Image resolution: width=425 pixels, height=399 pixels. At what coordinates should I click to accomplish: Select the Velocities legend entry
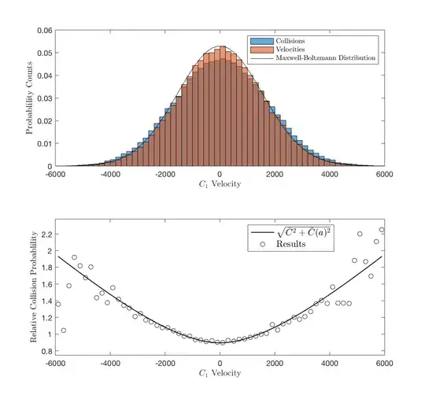(285, 49)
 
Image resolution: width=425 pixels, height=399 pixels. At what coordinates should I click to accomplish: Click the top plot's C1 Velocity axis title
(220, 183)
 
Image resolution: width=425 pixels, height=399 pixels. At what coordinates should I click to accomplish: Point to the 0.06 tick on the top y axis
(44, 31)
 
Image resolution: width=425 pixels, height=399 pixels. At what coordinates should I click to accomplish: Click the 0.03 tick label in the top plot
(44, 98)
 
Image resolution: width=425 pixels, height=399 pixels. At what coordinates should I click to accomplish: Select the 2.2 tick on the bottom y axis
(46, 235)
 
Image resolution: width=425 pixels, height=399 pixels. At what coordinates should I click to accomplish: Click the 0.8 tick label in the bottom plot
(46, 350)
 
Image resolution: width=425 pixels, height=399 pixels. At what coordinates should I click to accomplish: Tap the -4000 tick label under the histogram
(110, 173)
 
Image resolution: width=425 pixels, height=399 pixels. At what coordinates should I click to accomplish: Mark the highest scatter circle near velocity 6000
(382, 230)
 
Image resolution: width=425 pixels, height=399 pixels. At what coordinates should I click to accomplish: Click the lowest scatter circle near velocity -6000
(63, 331)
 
